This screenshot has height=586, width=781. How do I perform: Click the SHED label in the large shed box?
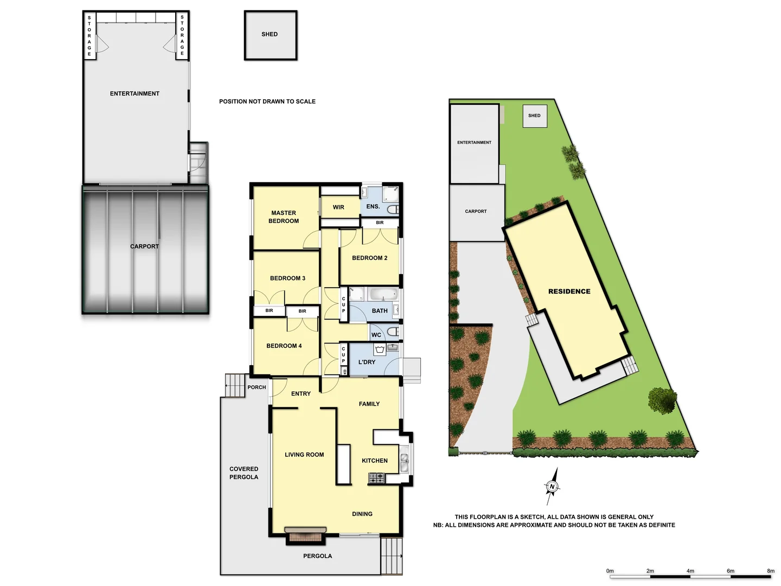point(270,34)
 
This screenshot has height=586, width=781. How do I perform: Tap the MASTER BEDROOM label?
point(284,217)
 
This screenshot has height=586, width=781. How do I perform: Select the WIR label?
point(338,207)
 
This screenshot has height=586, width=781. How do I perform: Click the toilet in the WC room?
point(393,332)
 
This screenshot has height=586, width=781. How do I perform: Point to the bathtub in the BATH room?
point(383,295)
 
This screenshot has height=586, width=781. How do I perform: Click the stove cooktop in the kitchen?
point(376,478)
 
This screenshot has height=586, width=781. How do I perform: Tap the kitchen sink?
point(404,462)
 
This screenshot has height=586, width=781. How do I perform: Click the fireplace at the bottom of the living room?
point(305,535)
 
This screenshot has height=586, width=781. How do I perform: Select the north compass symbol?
point(552,486)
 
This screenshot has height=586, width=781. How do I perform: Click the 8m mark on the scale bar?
point(771,576)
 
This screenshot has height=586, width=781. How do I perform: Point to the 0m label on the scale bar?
point(610,571)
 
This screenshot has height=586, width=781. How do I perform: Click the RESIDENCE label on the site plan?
point(569,291)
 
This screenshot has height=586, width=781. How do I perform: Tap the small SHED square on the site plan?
point(535,116)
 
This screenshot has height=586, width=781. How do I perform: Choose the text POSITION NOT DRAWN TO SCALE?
point(267,101)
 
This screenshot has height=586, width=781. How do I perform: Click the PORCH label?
point(257,387)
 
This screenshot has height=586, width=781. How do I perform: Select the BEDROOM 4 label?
point(284,346)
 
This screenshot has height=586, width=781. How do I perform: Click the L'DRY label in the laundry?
point(367,362)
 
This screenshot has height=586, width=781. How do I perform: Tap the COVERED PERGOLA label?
point(244,473)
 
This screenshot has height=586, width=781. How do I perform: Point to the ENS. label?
point(373,207)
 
